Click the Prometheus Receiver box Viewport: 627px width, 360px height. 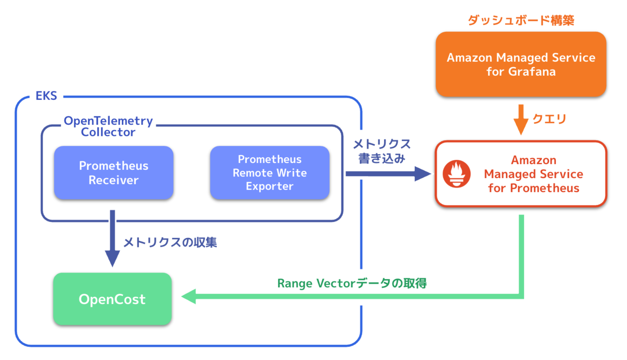click(113, 173)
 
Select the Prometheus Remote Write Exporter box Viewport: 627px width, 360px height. click(270, 173)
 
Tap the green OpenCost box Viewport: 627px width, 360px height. click(112, 299)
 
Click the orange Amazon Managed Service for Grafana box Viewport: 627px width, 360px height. click(521, 64)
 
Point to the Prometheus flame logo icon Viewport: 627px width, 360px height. click(457, 175)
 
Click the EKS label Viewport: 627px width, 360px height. click(47, 97)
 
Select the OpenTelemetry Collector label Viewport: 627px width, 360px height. click(108, 126)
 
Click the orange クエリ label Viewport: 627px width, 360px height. click(549, 120)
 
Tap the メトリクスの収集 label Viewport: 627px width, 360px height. click(170, 242)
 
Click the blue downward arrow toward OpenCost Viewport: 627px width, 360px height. click(112, 240)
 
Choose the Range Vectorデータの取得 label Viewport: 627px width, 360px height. click(352, 283)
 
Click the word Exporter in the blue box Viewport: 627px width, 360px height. click(270, 186)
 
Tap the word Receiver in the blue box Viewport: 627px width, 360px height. click(113, 180)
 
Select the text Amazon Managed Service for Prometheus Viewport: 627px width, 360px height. click(533, 174)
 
